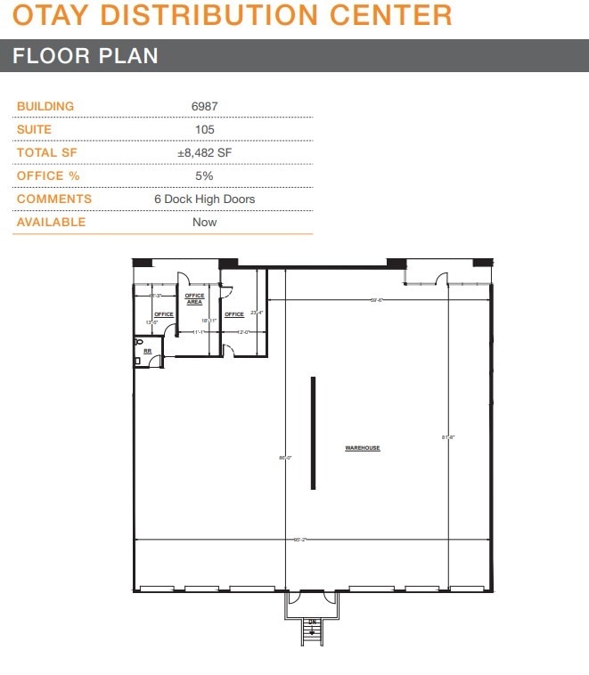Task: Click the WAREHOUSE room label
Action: pyautogui.click(x=363, y=448)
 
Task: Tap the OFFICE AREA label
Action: pyautogui.click(x=194, y=299)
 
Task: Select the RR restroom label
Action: pyautogui.click(x=148, y=352)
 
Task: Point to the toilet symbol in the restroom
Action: pyautogui.click(x=139, y=342)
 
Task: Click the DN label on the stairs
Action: pyautogui.click(x=312, y=622)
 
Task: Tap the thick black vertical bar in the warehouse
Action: pyautogui.click(x=313, y=433)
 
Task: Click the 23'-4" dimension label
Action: pyautogui.click(x=258, y=313)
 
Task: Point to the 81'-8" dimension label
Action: pyautogui.click(x=448, y=437)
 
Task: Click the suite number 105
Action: pyautogui.click(x=204, y=129)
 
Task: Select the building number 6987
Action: pyautogui.click(x=204, y=106)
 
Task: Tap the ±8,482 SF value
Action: pyautogui.click(x=204, y=152)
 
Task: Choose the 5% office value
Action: pyautogui.click(x=204, y=175)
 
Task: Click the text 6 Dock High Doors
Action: pyautogui.click(x=204, y=199)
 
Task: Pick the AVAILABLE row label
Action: pyautogui.click(x=51, y=222)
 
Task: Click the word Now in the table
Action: pyautogui.click(x=204, y=222)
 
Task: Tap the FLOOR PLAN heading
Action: pyautogui.click(x=86, y=55)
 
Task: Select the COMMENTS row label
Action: pyautogui.click(x=53, y=199)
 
